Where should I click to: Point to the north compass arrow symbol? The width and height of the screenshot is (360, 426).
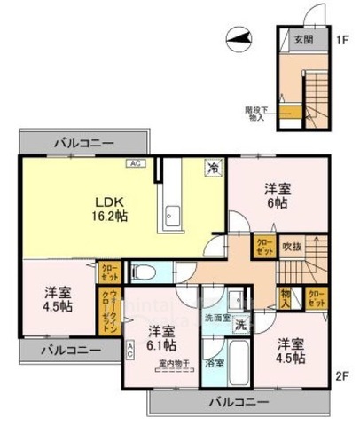236,37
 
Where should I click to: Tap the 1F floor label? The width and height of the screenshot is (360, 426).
343,40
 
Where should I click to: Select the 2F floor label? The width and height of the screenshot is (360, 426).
344,375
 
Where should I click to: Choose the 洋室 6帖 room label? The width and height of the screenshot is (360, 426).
278,196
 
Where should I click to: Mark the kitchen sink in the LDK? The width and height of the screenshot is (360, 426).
171,214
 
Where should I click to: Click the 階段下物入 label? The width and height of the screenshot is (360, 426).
256,113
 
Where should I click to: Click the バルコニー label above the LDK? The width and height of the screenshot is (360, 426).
82,142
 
